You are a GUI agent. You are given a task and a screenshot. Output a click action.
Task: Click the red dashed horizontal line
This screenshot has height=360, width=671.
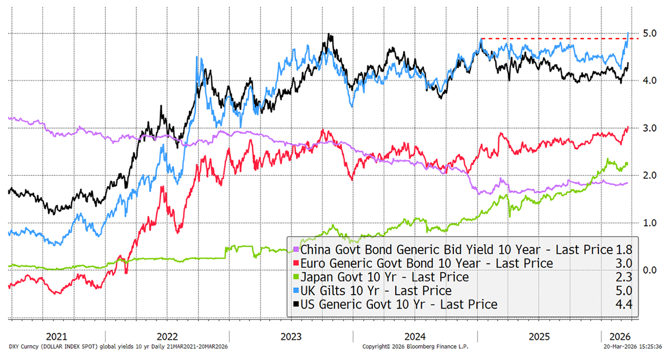554,39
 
